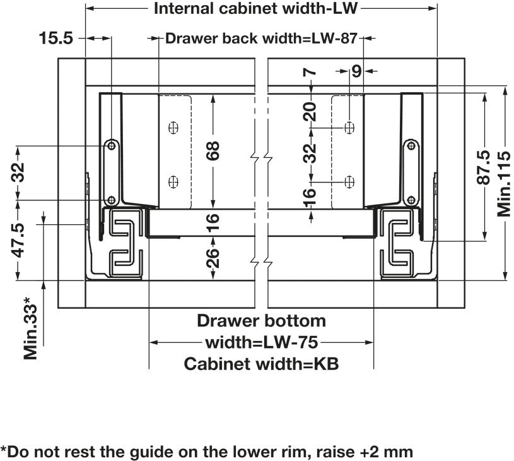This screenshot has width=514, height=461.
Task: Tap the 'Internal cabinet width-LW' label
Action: coord(257,9)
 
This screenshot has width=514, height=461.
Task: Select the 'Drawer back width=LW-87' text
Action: coord(262,39)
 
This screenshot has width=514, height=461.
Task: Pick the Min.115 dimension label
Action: coord(504,183)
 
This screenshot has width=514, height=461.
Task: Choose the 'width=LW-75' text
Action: coord(261,343)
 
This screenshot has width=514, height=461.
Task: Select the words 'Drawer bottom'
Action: coord(261,321)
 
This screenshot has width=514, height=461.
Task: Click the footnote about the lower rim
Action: coord(207,452)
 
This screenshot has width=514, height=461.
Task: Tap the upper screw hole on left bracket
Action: coord(112,145)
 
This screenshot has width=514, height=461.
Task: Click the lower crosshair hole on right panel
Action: coord(349,181)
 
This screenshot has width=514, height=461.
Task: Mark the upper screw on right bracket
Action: coord(411,146)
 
